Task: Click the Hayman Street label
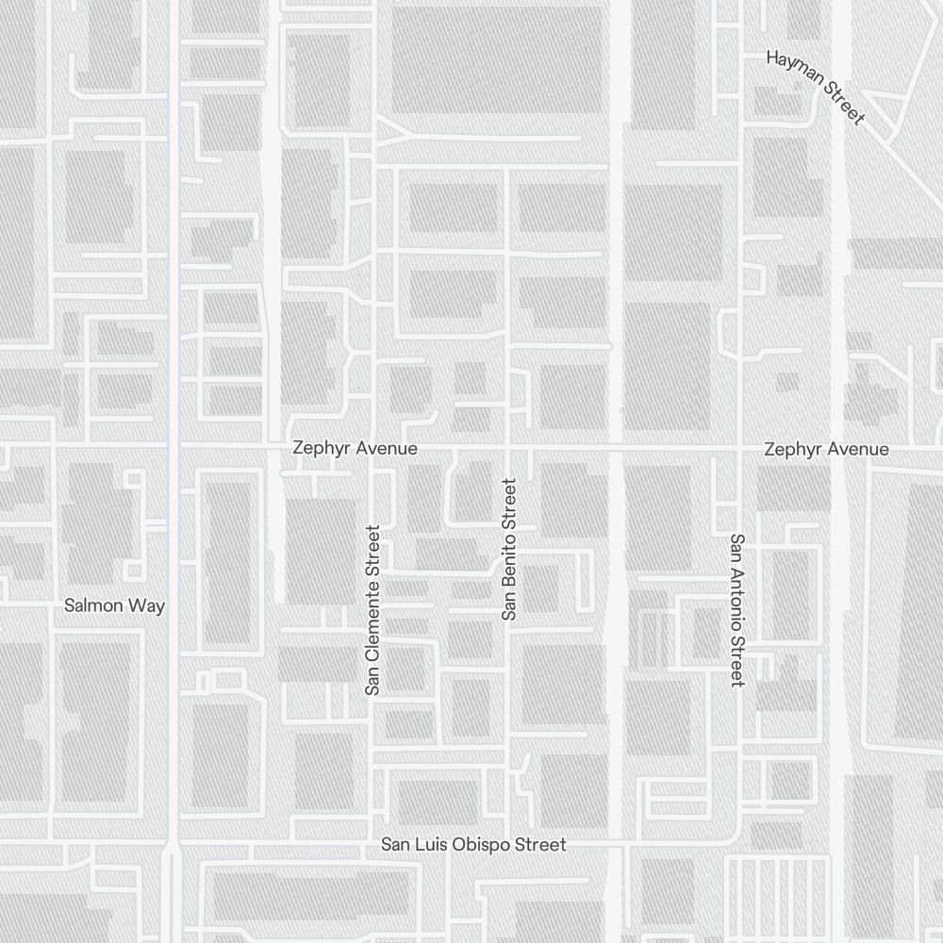[x=815, y=87]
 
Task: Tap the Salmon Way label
[x=114, y=605]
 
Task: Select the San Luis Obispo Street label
[x=473, y=844]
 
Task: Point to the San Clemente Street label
[x=372, y=610]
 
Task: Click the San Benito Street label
[x=509, y=549]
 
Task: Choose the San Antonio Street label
[x=737, y=610]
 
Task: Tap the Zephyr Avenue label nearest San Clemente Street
[x=355, y=448]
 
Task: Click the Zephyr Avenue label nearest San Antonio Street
[x=826, y=449]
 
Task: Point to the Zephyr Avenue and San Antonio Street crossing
[x=738, y=444]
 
